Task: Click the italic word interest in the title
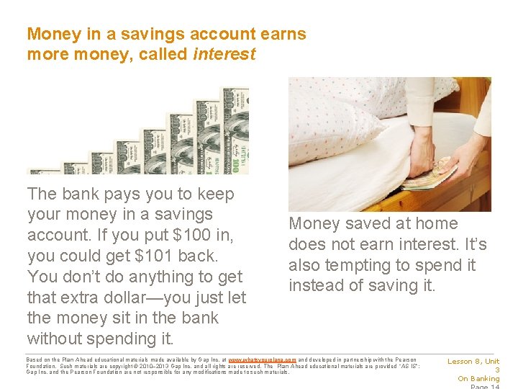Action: [224, 54]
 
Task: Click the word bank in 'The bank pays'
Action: [78, 194]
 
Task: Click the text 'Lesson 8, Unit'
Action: [473, 362]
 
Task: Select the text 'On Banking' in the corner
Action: [478, 379]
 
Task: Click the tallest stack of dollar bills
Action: [237, 130]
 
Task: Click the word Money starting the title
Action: [50, 34]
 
